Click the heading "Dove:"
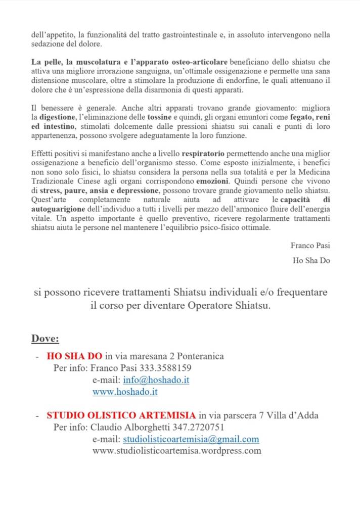(46, 338)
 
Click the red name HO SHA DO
(74, 356)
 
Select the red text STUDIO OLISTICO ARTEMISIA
(121, 415)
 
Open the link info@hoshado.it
(156, 380)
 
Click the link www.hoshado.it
(125, 392)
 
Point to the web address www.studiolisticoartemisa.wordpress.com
(176, 450)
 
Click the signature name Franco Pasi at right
(310, 246)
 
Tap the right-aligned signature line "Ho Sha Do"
(311, 261)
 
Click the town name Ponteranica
(199, 356)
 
